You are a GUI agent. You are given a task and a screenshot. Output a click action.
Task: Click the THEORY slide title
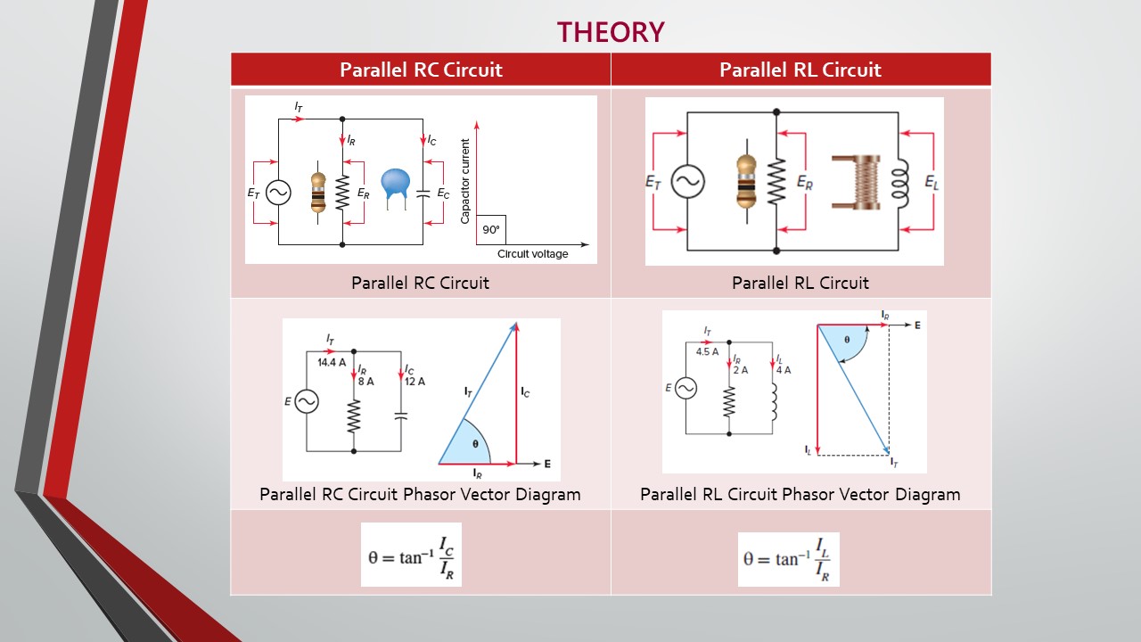pyautogui.click(x=611, y=32)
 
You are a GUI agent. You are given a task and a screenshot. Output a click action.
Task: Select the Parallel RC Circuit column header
pyautogui.click(x=421, y=70)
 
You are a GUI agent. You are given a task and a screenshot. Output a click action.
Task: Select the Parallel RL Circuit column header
pyautogui.click(x=800, y=70)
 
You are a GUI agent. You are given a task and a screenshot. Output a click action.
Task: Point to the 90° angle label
pyautogui.click(x=491, y=230)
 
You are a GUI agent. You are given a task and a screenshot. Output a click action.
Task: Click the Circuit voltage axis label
pyautogui.click(x=532, y=254)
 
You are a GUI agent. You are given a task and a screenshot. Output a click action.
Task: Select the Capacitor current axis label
pyautogui.click(x=464, y=181)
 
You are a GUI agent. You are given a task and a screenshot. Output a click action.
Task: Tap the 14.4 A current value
pyautogui.click(x=332, y=362)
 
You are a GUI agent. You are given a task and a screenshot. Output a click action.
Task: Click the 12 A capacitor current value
pyautogui.click(x=415, y=381)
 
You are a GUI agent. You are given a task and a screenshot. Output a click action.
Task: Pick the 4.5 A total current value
pyautogui.click(x=707, y=351)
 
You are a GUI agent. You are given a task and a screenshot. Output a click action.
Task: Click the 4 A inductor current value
pyautogui.click(x=784, y=370)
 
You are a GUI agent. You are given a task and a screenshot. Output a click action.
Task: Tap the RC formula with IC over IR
pyautogui.click(x=411, y=555)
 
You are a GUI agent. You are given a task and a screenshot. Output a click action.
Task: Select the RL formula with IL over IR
pyautogui.click(x=789, y=559)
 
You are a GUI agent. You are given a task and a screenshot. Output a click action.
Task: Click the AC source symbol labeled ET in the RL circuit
pyautogui.click(x=687, y=181)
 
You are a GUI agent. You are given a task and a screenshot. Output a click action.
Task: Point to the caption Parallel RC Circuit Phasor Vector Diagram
pyautogui.click(x=420, y=494)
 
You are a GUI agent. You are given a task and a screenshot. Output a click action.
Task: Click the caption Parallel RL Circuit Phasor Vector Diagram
pyautogui.click(x=800, y=494)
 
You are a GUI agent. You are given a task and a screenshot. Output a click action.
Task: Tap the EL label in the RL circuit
pyautogui.click(x=932, y=183)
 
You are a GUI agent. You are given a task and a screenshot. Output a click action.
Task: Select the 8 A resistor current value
pyautogui.click(x=365, y=381)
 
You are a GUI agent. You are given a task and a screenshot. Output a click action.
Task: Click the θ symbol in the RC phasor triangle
pyautogui.click(x=475, y=444)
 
